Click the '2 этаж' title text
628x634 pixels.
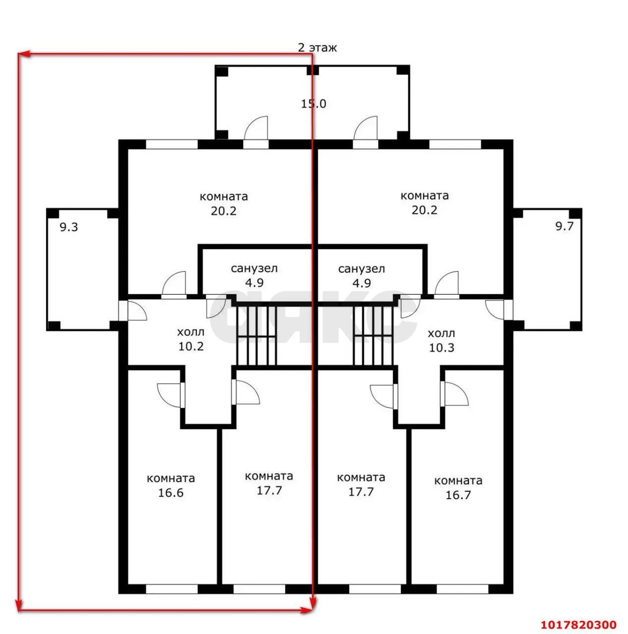[317, 48]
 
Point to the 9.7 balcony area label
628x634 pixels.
[565, 226]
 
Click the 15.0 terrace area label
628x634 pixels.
[313, 104]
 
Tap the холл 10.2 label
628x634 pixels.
[191, 339]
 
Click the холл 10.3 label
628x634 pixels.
[441, 340]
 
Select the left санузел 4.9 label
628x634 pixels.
[254, 275]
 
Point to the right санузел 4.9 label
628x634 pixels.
[362, 276]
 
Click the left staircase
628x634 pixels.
[257, 335]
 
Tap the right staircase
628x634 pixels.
[373, 335]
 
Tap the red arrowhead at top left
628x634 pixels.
[24, 53]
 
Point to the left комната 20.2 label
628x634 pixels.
[224, 204]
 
